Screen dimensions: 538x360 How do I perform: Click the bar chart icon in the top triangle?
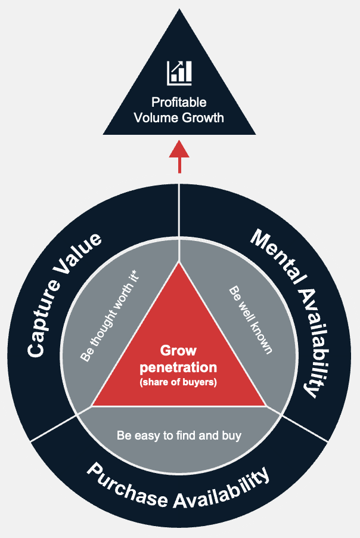pyautogui.click(x=179, y=72)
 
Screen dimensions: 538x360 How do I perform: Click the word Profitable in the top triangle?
pyautogui.click(x=179, y=103)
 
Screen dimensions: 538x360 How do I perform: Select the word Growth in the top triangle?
pyautogui.click(x=203, y=117)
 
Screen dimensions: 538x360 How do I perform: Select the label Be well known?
pyautogui.click(x=251, y=319)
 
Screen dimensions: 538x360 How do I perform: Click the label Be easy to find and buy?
pyautogui.click(x=179, y=435)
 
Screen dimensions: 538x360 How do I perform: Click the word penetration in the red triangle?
pyautogui.click(x=178, y=366)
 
